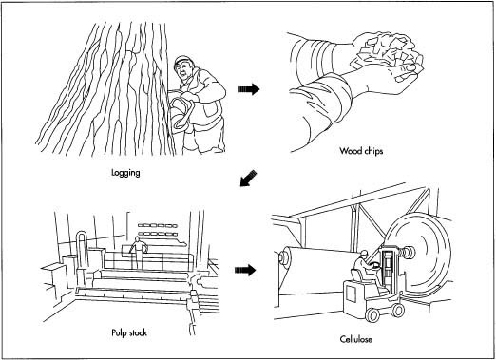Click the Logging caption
[125, 173]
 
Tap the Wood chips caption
[361, 151]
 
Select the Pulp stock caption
[129, 332]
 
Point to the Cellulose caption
[356, 339]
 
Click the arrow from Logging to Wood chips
[249, 89]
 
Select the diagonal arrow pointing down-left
[248, 179]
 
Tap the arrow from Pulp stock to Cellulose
[245, 270]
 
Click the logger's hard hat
[181, 60]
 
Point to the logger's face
[182, 72]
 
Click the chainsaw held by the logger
[181, 113]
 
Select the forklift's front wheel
[396, 310]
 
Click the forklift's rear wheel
[372, 314]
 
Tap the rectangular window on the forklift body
[351, 293]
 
